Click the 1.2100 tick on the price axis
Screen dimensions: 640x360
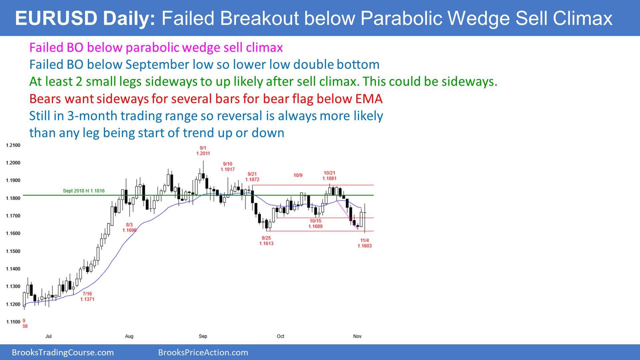pyautogui.click(x=13, y=145)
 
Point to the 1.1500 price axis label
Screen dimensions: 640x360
pyautogui.click(x=13, y=251)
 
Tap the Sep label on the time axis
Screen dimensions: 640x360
pyautogui.click(x=203, y=336)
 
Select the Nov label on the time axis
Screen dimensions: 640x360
pyautogui.click(x=357, y=336)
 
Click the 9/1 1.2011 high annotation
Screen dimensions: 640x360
pyautogui.click(x=203, y=151)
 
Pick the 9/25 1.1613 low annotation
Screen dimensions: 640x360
pyautogui.click(x=266, y=241)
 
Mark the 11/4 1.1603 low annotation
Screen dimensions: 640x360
pyautogui.click(x=365, y=243)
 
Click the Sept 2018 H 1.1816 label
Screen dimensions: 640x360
pyautogui.click(x=84, y=191)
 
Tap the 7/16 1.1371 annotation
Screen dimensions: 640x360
pyautogui.click(x=87, y=296)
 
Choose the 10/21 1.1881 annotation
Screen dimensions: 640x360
pyautogui.click(x=329, y=176)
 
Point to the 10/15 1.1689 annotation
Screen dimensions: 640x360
pyautogui.click(x=316, y=224)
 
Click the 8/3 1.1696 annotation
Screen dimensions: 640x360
pyautogui.click(x=129, y=228)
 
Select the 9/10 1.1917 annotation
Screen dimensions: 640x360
pyautogui.click(x=228, y=167)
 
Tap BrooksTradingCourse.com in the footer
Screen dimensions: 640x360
pyautogui.click(x=63, y=353)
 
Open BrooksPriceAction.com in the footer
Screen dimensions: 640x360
pyautogui.click(x=203, y=353)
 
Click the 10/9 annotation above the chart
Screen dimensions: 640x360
pyautogui.click(x=298, y=175)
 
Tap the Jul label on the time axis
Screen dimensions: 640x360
pyautogui.click(x=49, y=336)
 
